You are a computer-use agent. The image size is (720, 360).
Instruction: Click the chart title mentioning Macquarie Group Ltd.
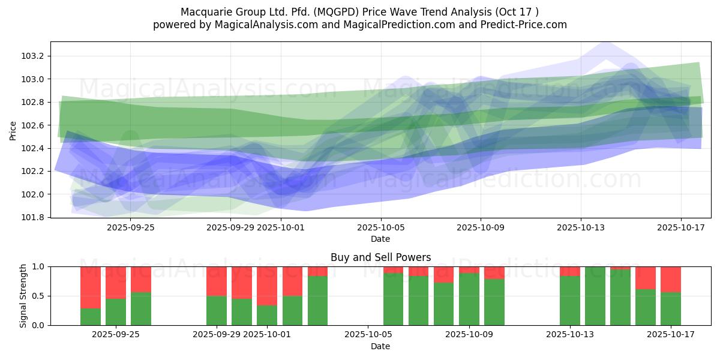coord(359,12)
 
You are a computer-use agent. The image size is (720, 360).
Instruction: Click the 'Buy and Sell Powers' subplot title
coord(380,257)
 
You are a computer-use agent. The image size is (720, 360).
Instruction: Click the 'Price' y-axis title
coord(13,130)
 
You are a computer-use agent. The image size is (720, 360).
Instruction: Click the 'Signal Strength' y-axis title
coord(23,296)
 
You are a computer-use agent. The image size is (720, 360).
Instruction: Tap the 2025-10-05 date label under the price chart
coord(380,227)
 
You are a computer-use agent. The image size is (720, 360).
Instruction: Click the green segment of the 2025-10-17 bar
coord(671,309)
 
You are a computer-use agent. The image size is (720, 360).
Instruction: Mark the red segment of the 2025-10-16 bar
coord(646,278)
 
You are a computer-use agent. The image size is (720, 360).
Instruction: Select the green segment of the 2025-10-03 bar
coord(317,301)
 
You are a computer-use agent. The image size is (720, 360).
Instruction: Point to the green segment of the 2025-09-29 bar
coord(217,311)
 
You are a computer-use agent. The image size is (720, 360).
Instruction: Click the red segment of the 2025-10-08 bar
coord(443,274)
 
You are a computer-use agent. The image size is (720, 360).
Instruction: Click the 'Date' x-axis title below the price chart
coord(380,239)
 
